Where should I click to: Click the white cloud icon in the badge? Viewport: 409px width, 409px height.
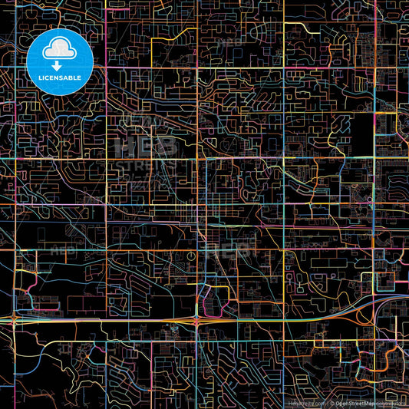60,50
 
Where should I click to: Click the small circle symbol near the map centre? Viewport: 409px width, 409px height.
191,256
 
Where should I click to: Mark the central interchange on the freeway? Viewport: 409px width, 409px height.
197,318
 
